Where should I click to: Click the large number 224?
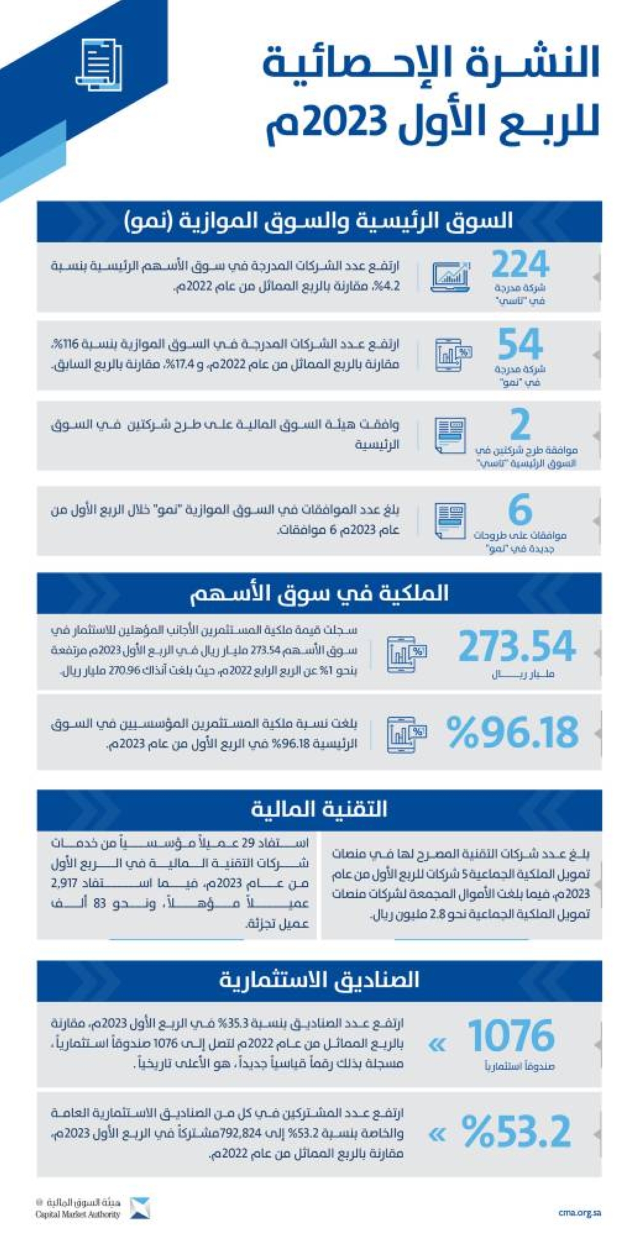[x=520, y=264]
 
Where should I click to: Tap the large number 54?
[x=520, y=344]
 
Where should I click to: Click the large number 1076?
[x=511, y=1035]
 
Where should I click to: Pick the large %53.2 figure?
[x=516, y=1132]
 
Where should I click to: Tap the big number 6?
[x=520, y=510]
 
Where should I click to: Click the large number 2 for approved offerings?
[x=520, y=424]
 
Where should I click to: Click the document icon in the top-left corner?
[x=99, y=64]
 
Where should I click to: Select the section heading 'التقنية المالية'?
[x=319, y=809]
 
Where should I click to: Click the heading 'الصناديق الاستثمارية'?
[x=319, y=980]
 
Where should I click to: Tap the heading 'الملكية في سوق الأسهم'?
[x=319, y=593]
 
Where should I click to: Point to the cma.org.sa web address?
[x=579, y=1212]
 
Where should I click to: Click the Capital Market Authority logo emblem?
[x=140, y=1208]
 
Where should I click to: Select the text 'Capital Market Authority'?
[x=77, y=1214]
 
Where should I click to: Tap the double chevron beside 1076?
[x=437, y=1045]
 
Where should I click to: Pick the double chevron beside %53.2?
[x=437, y=1135]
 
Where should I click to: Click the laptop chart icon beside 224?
[x=450, y=277]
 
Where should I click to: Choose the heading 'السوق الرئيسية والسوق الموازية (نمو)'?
[x=319, y=222]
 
